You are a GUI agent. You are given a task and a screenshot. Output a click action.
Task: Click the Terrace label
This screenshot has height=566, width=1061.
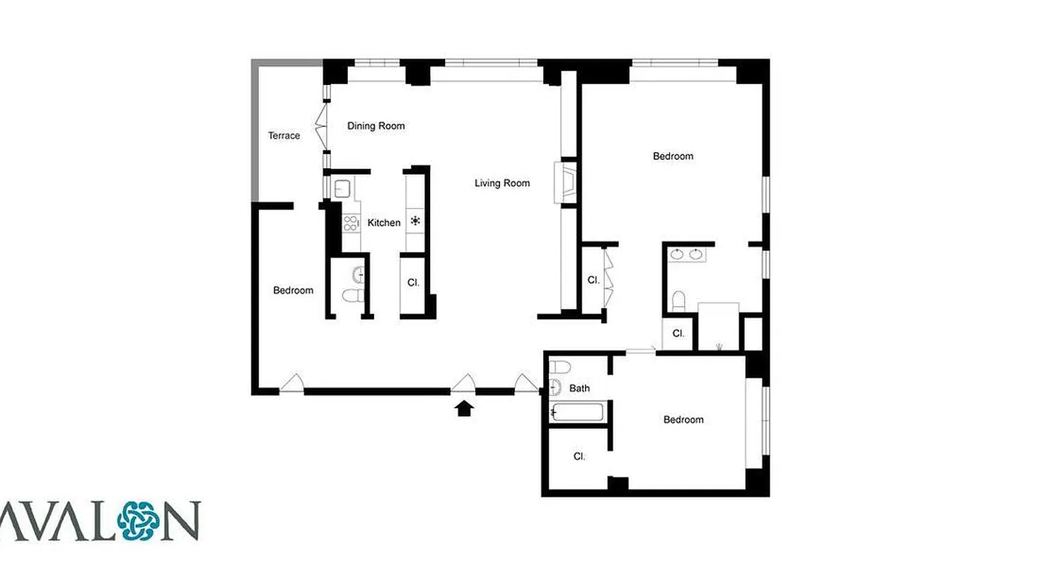pos(284,135)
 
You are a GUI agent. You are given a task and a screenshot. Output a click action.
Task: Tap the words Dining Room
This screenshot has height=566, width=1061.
pos(376,126)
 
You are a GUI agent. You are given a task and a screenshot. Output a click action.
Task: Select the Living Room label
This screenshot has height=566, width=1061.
pos(501,183)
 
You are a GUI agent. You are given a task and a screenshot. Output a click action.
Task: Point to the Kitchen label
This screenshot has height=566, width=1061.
pos(384,223)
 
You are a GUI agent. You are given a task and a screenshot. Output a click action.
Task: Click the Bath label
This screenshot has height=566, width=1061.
pos(579,388)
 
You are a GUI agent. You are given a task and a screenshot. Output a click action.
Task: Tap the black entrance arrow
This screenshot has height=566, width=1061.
pos(464,408)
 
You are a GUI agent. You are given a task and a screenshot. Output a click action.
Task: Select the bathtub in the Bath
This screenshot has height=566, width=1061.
pos(576,412)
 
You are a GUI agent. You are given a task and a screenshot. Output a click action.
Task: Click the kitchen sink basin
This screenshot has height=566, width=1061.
pos(343,188)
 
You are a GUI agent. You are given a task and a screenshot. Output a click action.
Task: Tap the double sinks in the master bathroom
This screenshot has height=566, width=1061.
pos(686,254)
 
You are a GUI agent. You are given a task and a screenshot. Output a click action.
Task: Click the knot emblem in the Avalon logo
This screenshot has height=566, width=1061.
pos(138,521)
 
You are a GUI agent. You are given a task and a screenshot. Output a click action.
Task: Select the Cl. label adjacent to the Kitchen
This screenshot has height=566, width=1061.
pos(414,282)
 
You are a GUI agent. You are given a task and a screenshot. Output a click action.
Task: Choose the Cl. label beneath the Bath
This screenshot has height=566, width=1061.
pos(579,456)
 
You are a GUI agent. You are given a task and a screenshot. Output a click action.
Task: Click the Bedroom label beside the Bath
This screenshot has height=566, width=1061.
pos(683,420)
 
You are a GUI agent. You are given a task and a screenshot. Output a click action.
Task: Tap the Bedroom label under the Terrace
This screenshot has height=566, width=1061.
pos(293,290)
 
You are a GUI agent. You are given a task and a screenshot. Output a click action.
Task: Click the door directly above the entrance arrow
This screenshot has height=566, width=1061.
pos(464,383)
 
